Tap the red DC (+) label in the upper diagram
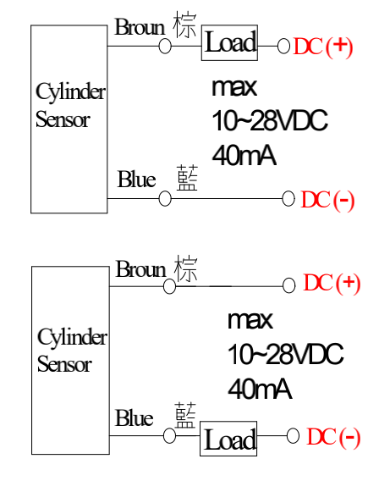pyautogui.click(x=323, y=47)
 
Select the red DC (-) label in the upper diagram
pyautogui.click(x=327, y=201)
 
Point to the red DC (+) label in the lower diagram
pyautogui.click(x=332, y=284)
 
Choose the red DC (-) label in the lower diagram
pyautogui.click(x=333, y=437)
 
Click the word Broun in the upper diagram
pyautogui.click(x=140, y=27)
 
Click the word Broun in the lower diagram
pyautogui.click(x=140, y=268)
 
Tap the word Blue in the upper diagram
pyautogui.click(x=136, y=179)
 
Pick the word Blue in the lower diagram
pyautogui.click(x=135, y=418)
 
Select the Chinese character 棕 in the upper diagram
pyautogui.click(x=184, y=25)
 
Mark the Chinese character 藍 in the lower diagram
pyautogui.click(x=185, y=415)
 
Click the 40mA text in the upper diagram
pyautogui.click(x=244, y=156)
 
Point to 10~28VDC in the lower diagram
pyautogui.click(x=285, y=354)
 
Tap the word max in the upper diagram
pyautogui.click(x=234, y=87)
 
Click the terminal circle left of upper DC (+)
pyautogui.click(x=284, y=47)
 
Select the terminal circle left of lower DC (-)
pyautogui.click(x=293, y=435)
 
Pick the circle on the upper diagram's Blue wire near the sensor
pyautogui.click(x=165, y=198)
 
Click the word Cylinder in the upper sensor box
pyautogui.click(x=70, y=92)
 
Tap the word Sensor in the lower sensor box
pyautogui.click(x=64, y=364)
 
